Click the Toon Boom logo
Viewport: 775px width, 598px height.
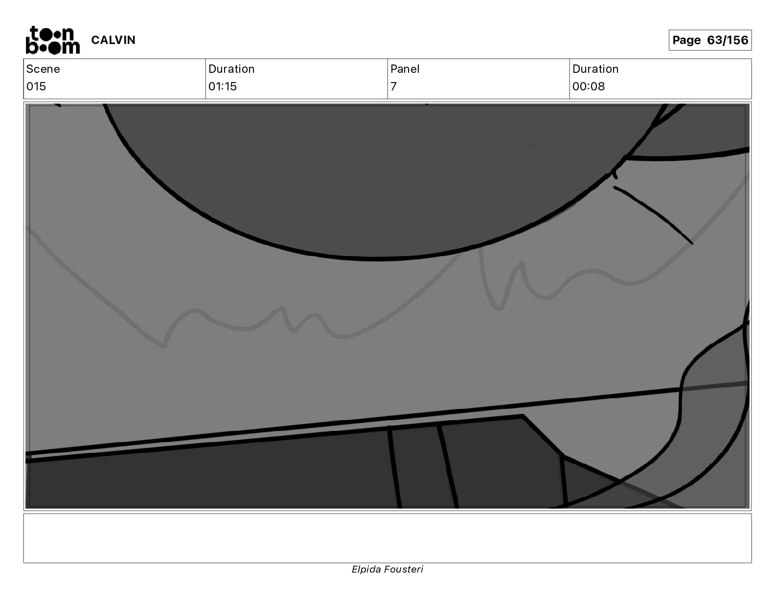[x=53, y=40]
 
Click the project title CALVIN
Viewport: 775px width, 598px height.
[x=113, y=40]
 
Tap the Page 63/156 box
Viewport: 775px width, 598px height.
[x=710, y=40]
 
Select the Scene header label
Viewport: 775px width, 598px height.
[x=43, y=69]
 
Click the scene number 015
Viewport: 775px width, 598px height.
[x=36, y=86]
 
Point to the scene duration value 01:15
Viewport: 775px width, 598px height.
[x=223, y=86]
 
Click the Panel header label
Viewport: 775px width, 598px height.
[x=405, y=69]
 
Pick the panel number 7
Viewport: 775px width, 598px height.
[x=393, y=86]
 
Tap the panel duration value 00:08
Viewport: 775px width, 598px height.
[x=589, y=86]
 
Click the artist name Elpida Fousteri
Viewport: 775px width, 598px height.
[x=387, y=569]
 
